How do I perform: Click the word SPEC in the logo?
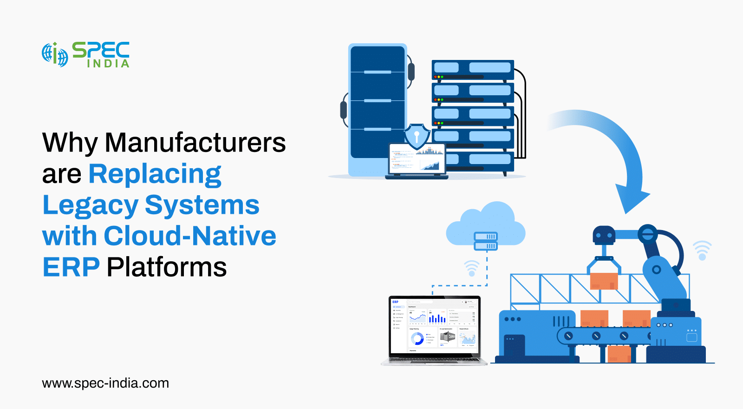tap(101, 50)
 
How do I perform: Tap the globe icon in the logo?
tap(55, 54)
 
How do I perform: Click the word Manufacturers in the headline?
tap(195, 143)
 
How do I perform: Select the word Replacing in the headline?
tap(155, 174)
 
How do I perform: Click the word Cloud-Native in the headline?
tap(190, 236)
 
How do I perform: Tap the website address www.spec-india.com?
tap(105, 383)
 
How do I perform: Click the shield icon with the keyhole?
tap(417, 136)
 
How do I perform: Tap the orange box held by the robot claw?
tap(604, 281)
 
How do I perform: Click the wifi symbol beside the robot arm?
tap(702, 251)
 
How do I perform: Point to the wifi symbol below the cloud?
tap(472, 268)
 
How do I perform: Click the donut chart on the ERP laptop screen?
tap(417, 338)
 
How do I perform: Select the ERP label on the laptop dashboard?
tap(395, 302)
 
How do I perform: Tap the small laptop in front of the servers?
tap(417, 160)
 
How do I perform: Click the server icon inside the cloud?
tap(486, 241)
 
